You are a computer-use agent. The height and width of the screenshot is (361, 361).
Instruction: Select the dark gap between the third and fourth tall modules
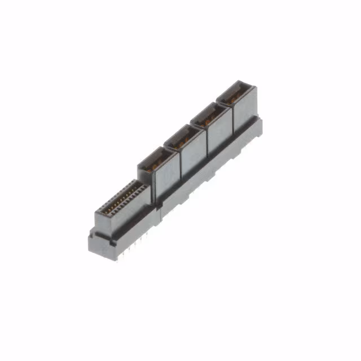(232, 125)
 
